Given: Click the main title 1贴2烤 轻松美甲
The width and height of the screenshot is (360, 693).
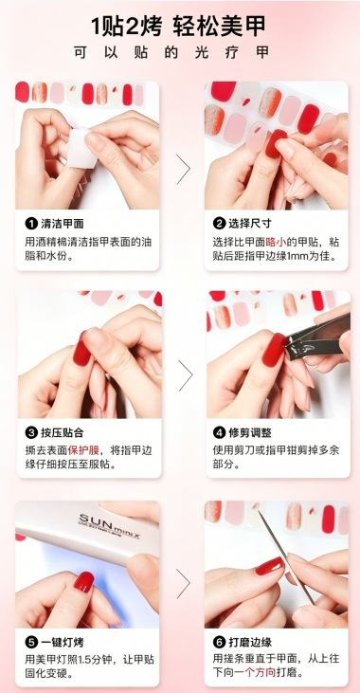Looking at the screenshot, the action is pos(178,27).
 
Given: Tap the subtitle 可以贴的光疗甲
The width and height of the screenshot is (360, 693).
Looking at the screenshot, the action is pos(171,52).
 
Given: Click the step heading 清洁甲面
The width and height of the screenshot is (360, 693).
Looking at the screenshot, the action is pos(63,224).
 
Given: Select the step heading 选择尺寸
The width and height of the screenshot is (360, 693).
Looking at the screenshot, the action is pos(250,224).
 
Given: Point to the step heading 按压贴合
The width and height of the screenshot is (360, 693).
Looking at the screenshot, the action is pos(63,432).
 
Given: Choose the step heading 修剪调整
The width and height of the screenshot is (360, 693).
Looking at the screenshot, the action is pos(250,432).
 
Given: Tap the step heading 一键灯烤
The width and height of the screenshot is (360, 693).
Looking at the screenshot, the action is pos(63,642).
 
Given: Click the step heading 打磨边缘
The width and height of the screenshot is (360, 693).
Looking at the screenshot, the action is pos(250,642).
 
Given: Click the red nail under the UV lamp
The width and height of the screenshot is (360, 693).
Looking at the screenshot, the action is pos(84,582).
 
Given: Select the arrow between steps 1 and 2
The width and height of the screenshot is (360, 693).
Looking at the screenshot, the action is pos(183,170).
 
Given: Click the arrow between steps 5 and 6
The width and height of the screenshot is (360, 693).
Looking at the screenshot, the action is pos(183,583).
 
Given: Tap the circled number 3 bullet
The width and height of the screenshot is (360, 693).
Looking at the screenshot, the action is pos(31,432).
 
